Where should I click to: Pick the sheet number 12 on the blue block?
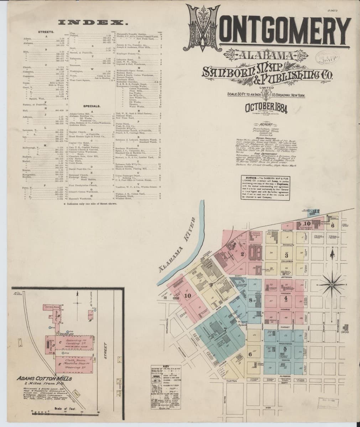317,211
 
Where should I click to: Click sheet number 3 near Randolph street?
286,255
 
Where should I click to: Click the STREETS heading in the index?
46,32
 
